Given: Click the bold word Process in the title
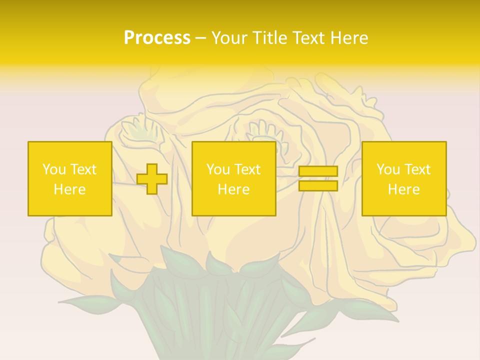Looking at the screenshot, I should click(157, 37).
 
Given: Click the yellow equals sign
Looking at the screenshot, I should click(318, 178).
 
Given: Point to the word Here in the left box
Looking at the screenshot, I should click(70, 189).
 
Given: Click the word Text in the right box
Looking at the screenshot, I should click(417, 169).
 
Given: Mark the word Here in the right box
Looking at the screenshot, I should click(404, 189).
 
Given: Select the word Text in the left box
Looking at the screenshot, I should click(83, 169).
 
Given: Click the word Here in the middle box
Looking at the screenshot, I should click(234, 189).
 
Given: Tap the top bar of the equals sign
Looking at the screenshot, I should click(318, 171).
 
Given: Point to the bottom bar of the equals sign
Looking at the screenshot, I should click(318, 185).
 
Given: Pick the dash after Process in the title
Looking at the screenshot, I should click(201, 38).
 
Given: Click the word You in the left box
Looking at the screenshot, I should click(54, 169).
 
